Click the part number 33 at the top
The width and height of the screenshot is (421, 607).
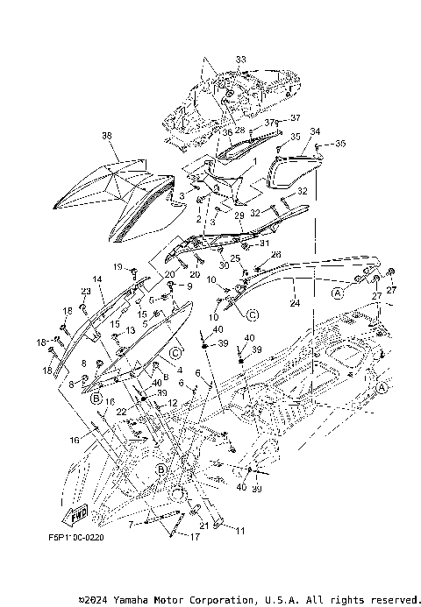coord(216,60)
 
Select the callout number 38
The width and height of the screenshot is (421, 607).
coord(107,136)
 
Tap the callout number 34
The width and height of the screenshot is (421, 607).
coord(316,131)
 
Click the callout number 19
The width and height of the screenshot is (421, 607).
coord(117,266)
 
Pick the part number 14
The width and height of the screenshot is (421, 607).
coord(97,279)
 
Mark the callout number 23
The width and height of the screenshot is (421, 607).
coord(86,292)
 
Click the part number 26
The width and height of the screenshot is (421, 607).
coord(275,255)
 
